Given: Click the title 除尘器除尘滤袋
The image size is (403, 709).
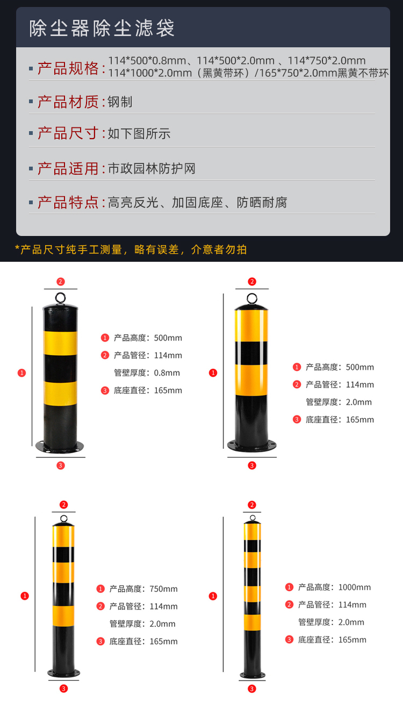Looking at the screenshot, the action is pos(102,28).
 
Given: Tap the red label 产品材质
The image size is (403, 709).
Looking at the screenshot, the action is pos(68,102).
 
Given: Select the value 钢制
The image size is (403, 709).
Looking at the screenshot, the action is pos(120,102).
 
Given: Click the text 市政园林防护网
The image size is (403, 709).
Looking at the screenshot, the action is pos(152,168).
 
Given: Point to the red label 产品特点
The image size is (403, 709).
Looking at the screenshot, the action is pos(68,202).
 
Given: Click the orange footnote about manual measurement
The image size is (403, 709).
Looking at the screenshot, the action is pos(131,249).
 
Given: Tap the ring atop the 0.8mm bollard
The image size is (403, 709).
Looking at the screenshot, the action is pos(60,298).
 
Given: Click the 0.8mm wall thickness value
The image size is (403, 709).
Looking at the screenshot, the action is pos(167,373).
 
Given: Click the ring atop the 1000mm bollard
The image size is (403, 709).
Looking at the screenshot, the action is pos(253,518).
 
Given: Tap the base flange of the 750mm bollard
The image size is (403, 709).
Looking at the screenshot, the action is pos(63,672).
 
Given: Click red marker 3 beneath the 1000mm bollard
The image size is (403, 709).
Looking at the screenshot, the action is pos(252,689).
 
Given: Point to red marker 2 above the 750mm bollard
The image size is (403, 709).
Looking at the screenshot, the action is pos(63,505).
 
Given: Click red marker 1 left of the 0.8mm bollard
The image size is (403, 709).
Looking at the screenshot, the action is pos(21,373).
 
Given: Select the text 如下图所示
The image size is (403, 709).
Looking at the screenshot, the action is pos(139,133).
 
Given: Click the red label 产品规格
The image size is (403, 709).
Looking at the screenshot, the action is pos(68,68).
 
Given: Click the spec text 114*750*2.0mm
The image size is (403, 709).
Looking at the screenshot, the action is pos(327,60).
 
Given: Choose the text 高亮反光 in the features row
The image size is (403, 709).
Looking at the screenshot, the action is pos(133,203).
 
